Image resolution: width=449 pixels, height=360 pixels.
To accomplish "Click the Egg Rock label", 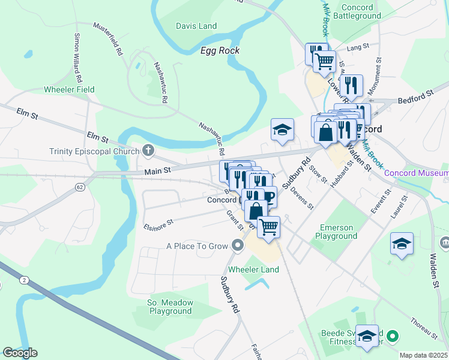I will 220,50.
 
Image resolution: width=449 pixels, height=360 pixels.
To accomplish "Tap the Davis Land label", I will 196,26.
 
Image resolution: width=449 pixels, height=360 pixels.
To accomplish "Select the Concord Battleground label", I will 361,11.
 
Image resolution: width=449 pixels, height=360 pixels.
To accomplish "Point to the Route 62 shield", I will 79,187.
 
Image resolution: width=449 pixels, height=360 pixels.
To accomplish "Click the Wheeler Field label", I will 69,90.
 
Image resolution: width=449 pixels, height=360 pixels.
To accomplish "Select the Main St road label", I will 158,171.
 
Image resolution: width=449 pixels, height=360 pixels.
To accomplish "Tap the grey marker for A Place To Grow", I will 238,245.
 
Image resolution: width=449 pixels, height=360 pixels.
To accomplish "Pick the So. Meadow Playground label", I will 170,307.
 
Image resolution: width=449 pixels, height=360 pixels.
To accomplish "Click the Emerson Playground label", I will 339,232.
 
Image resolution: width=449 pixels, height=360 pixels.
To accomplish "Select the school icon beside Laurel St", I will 402,243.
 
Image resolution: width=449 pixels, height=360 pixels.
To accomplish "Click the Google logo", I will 20,352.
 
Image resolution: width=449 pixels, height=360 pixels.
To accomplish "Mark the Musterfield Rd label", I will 109,39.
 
